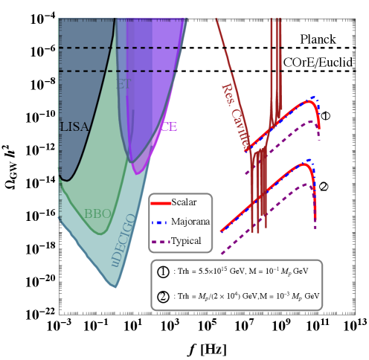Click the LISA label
coord(74,127)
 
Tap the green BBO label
coord(97,214)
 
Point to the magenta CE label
coord(169,126)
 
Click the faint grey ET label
coord(123,85)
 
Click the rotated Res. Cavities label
coord(235,118)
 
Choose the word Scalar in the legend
coord(184,202)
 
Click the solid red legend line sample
coord(161,202)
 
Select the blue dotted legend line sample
coord(161,222)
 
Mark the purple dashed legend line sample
coord(161,241)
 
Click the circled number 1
coord(163,271)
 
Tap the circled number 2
coord(163,295)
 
